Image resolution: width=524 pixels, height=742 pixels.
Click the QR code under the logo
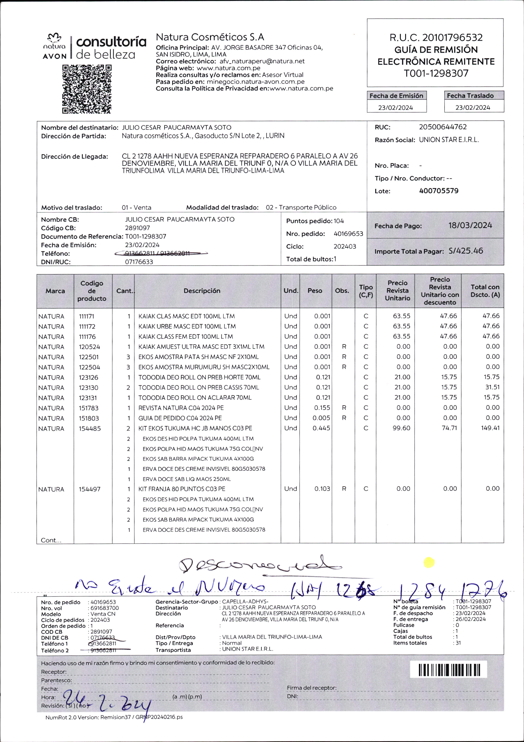(87, 89)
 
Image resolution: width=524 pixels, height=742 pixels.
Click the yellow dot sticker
(429, 563)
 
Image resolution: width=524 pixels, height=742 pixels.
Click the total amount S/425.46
(466, 251)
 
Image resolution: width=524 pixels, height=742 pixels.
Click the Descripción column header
(202, 291)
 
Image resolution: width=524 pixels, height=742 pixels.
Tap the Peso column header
(315, 291)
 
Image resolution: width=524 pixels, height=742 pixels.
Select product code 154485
(90, 429)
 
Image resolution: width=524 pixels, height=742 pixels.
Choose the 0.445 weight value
(321, 428)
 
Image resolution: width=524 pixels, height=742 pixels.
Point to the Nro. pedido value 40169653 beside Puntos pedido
(349, 234)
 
